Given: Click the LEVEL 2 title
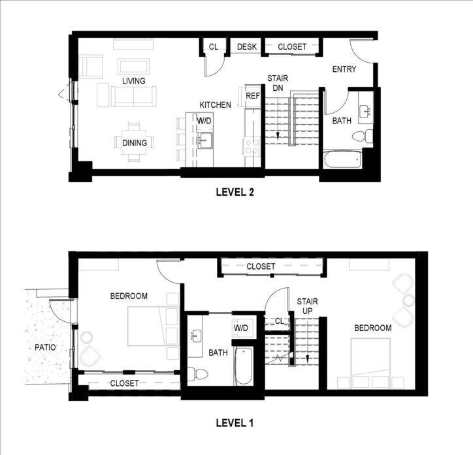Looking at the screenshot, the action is coord(235,192).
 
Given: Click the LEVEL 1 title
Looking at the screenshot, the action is coord(235,423).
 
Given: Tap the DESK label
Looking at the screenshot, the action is coord(247,47).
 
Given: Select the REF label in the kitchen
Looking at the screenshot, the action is coord(253,96).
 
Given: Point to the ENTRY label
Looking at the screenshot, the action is coord(344,69).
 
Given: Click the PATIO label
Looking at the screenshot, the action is coord(45,347).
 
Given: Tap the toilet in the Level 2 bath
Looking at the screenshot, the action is coord(363,136).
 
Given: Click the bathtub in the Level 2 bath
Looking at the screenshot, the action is coord(342,160).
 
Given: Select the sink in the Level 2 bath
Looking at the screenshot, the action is coord(366,111).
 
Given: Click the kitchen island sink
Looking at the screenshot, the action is coord(205,140).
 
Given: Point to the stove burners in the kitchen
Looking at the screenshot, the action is coord(252,146).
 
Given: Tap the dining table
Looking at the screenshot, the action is coord(134,142).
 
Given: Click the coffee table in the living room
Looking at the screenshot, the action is coord(134,67).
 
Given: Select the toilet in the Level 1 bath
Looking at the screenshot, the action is coord(198,375).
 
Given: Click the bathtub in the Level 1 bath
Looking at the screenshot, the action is coord(244,366).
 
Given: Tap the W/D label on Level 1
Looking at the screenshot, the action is coord(240,328).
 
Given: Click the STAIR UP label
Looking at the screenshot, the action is coord(308,306).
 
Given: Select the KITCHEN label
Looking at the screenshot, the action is coord(216,105).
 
